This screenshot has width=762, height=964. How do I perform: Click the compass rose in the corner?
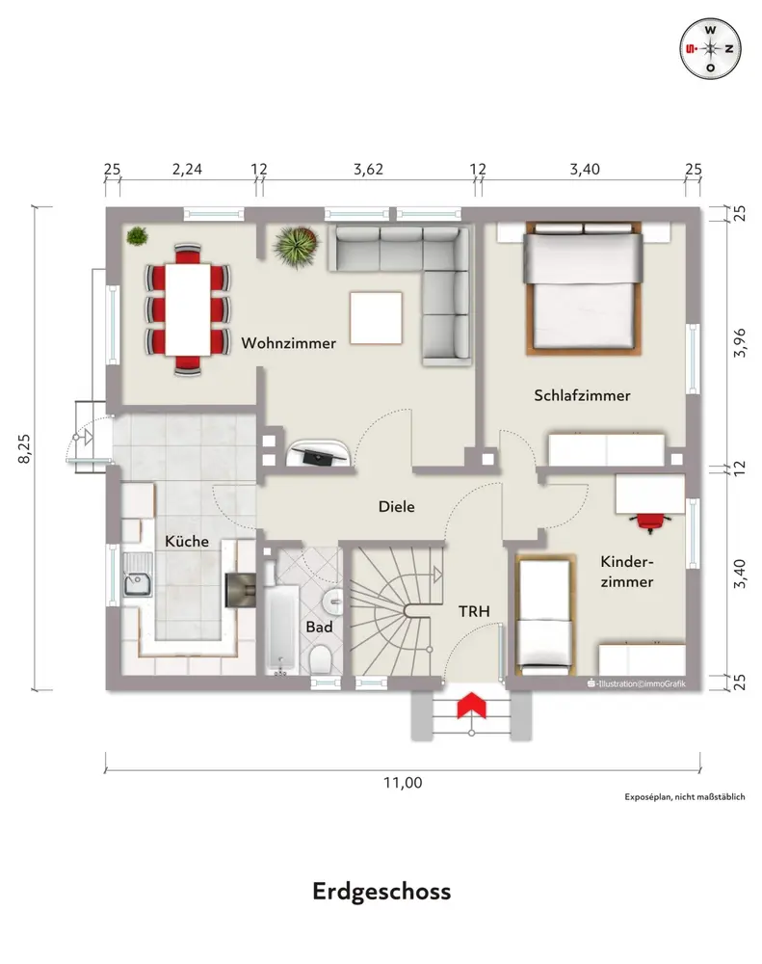[x=710, y=49]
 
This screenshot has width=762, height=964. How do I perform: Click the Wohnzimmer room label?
[x=288, y=343]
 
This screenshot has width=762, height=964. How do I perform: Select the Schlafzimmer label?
[x=582, y=395]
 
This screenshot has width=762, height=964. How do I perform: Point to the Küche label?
[x=187, y=541]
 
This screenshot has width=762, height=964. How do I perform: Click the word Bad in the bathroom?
[x=319, y=628]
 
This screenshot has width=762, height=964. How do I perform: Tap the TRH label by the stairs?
[x=474, y=611]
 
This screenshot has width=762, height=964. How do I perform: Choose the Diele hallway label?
[x=396, y=507]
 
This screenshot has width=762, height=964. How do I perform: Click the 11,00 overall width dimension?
[x=403, y=783]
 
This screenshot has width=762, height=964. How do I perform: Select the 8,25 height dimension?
[x=25, y=448]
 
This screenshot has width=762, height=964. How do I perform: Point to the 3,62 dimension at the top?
[x=369, y=169]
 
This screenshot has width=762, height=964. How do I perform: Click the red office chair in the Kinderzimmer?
[x=649, y=522]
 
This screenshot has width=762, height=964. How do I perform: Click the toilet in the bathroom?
[x=320, y=659]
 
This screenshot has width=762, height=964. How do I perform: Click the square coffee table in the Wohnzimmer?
[x=377, y=318]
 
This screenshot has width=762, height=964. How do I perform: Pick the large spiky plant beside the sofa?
[x=296, y=247]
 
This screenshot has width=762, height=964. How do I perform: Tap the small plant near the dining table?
[x=137, y=235]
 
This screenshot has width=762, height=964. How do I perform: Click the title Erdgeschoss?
[x=381, y=892]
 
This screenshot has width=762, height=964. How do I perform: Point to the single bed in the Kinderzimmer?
[x=545, y=615]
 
